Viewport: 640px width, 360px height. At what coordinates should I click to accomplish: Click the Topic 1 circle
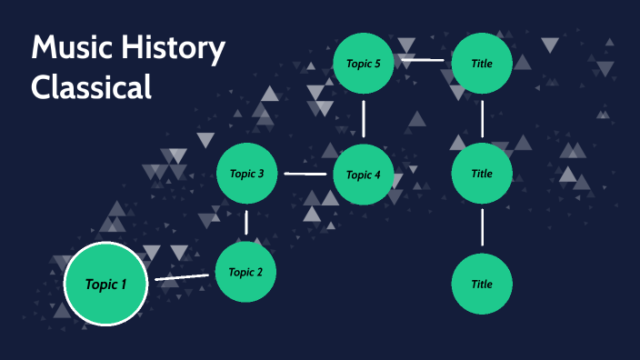pyautogui.click(x=106, y=285)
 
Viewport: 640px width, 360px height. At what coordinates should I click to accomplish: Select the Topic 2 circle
pyautogui.click(x=245, y=272)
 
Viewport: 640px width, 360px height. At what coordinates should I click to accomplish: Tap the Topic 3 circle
pyautogui.click(x=246, y=173)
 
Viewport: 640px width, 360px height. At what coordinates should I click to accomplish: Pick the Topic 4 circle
pyautogui.click(x=364, y=175)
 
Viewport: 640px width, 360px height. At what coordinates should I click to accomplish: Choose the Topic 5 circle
pyautogui.click(x=364, y=63)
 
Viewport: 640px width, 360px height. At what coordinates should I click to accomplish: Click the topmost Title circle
pyautogui.click(x=482, y=63)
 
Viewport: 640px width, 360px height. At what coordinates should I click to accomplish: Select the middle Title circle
pyautogui.click(x=482, y=174)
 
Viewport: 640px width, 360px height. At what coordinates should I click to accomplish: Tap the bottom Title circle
pyautogui.click(x=482, y=284)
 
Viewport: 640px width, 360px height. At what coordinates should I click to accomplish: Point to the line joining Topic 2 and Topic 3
pyautogui.click(x=246, y=222)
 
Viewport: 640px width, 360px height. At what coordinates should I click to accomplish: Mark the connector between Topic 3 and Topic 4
pyautogui.click(x=305, y=173)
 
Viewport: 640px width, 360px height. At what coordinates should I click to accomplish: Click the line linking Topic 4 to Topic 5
pyautogui.click(x=364, y=118)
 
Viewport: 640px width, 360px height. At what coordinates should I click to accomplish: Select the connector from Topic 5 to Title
pyautogui.click(x=423, y=61)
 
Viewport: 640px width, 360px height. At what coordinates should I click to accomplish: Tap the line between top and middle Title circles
pyautogui.click(x=482, y=118)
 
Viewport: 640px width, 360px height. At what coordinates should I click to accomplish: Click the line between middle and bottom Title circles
pyautogui.click(x=482, y=228)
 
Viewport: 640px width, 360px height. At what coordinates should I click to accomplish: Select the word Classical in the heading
pyautogui.click(x=90, y=87)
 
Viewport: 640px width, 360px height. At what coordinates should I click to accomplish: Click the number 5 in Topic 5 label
pyautogui.click(x=377, y=63)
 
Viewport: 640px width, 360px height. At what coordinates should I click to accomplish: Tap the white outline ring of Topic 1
pyautogui.click(x=106, y=245)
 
